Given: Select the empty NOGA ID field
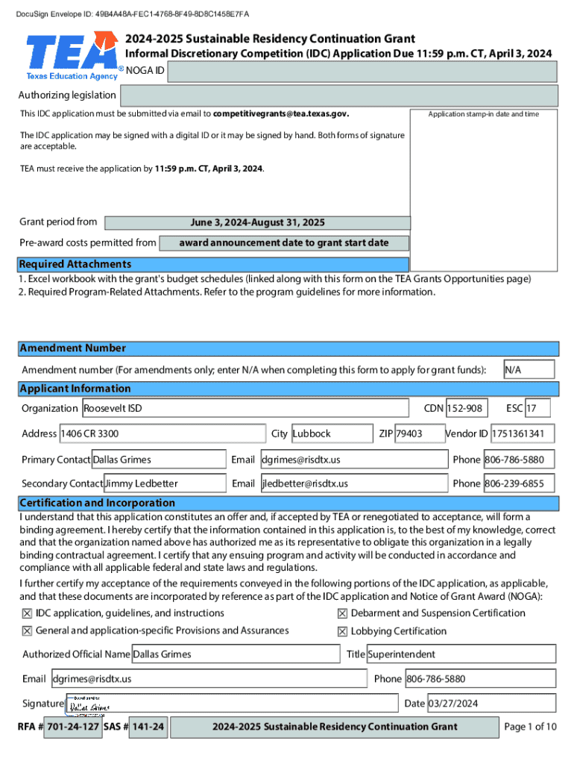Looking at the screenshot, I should [x=362, y=72].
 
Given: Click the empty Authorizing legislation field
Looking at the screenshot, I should [x=338, y=95].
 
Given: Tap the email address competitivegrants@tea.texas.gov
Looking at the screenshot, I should [x=280, y=114].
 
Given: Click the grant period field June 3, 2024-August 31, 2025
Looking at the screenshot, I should [x=257, y=223].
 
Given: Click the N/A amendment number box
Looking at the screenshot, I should [x=529, y=369].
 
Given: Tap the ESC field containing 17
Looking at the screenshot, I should [x=537, y=408].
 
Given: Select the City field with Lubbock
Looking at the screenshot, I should [x=331, y=433].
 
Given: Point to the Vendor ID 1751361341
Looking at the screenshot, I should [x=522, y=433].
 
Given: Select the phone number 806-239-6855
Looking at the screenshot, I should [x=519, y=483].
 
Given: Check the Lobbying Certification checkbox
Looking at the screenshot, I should [x=342, y=631].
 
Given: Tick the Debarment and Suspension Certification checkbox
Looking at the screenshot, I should [x=342, y=613].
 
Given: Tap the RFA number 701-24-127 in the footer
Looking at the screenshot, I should [x=72, y=727].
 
